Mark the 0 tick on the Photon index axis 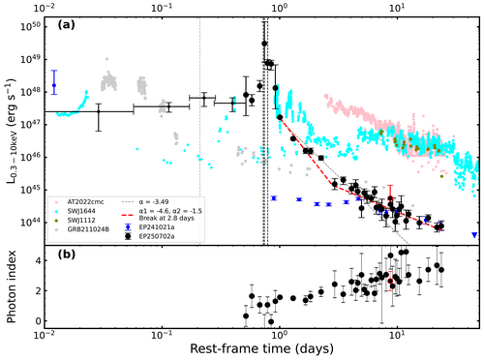pos(34,321)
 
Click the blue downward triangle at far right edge pos(474,235)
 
